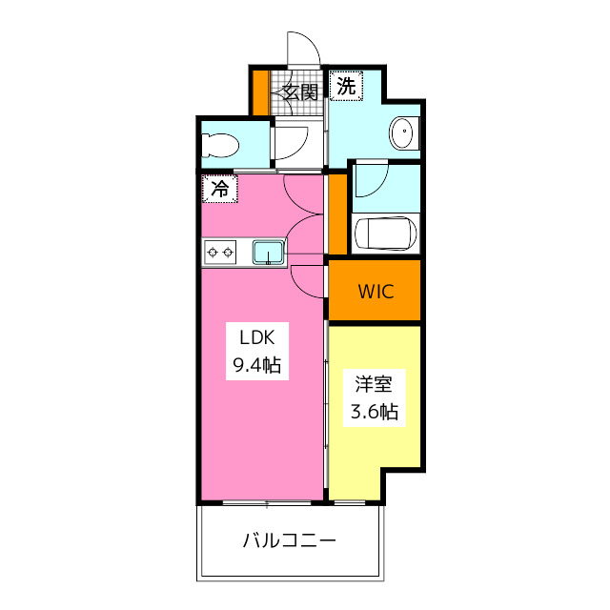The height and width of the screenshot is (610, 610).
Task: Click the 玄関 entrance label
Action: coord(299,92)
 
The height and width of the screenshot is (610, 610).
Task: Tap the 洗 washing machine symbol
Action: coord(347,86)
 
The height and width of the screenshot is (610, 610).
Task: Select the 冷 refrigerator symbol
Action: coord(219,189)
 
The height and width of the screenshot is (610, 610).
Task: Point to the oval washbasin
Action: coord(404,132)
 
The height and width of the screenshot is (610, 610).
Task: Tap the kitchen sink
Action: coord(268,253)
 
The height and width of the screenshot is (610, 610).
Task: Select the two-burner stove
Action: coord(220,253)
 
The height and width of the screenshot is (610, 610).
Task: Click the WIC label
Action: coord(375,292)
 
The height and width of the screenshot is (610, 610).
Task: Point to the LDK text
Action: coord(256,337)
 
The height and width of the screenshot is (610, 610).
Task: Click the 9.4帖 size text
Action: coord(256,364)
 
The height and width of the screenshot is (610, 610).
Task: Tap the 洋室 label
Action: coord(375,385)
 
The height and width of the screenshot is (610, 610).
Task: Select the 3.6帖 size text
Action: coord(375,412)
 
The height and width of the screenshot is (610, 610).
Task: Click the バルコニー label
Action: coord(289,541)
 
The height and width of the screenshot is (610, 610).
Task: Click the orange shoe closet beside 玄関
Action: coord(260,91)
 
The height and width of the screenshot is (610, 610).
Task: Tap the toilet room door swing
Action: coord(290,143)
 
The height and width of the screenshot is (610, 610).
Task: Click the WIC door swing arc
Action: coord(310,279)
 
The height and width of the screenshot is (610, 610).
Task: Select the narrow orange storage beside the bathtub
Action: coord(336,213)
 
